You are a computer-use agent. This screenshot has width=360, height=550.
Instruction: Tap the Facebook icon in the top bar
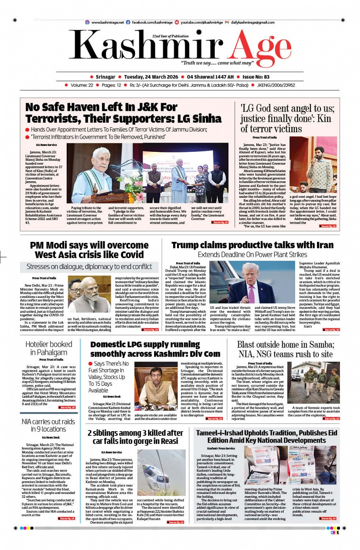pyautogui.click(x=128, y=22)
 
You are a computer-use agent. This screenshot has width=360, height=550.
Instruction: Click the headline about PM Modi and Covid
pyautogui.click(x=89, y=250)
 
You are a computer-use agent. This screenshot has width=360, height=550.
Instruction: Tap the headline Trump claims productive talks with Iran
pyautogui.click(x=252, y=245)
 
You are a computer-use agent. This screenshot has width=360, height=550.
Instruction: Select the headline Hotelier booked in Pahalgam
pyautogui.click(x=48, y=348)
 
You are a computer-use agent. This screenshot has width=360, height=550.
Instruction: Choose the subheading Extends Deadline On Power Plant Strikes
pyautogui.click(x=252, y=255)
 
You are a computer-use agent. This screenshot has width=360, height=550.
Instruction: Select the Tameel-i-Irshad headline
pyautogui.click(x=266, y=436)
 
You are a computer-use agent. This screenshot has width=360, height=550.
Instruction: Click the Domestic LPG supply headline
pyautogui.click(x=155, y=349)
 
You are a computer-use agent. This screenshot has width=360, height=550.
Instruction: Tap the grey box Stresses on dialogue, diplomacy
pyautogui.click(x=89, y=267)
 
